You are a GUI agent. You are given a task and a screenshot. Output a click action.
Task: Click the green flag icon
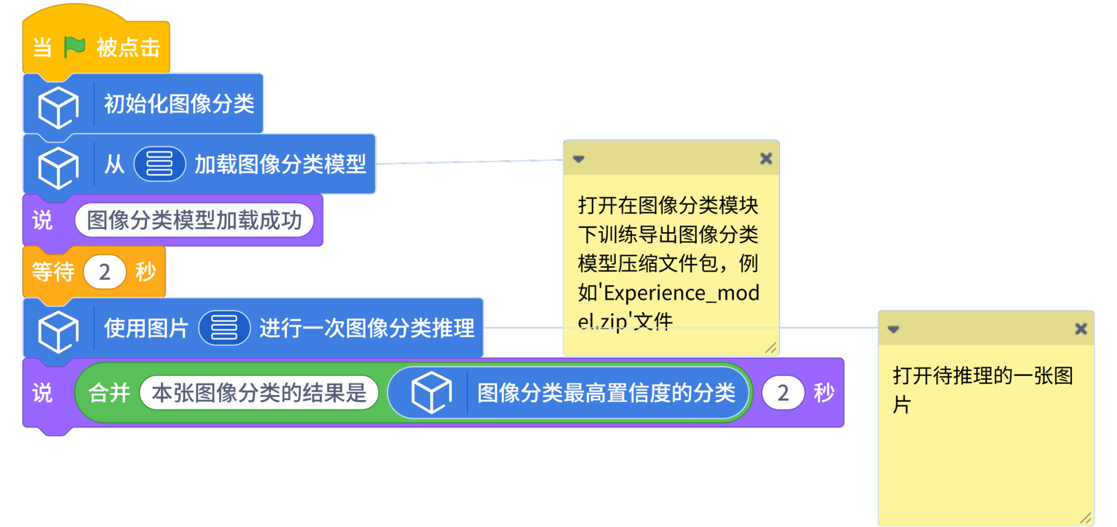[x=75, y=47]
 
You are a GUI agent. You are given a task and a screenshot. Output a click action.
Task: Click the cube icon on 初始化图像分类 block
[x=58, y=106]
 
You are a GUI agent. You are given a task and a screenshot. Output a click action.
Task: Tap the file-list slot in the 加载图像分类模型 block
[x=159, y=164]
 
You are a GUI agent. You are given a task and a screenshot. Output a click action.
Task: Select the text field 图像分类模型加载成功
[x=194, y=220]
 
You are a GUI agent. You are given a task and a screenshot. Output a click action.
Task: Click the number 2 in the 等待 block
[x=104, y=272]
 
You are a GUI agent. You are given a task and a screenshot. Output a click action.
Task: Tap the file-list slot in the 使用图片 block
[x=224, y=327]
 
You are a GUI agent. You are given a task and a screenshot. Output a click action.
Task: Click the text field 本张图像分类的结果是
[x=259, y=393]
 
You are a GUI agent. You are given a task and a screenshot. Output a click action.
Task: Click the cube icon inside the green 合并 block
[x=431, y=392]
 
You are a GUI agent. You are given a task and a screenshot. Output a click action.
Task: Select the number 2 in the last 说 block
[x=783, y=393]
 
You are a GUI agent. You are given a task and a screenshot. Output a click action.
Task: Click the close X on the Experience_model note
[x=766, y=159]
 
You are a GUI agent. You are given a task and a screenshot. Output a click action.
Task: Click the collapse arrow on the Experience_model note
[x=579, y=160]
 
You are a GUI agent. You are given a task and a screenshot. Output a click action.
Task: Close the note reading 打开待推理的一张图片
[x=1080, y=329]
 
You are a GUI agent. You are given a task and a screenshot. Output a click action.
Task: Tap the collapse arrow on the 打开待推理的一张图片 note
[x=893, y=329]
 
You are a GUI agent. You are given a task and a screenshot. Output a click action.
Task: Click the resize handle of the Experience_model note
[x=770, y=347]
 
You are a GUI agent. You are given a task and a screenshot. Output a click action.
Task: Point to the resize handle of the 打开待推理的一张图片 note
[x=1085, y=517]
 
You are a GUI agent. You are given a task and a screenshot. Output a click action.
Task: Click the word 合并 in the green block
[x=109, y=393]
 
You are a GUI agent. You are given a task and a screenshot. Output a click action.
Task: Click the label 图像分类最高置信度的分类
[x=606, y=393]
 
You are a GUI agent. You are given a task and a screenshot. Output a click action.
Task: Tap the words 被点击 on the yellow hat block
[x=128, y=48]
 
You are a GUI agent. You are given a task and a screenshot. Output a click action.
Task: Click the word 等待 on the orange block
[x=53, y=272]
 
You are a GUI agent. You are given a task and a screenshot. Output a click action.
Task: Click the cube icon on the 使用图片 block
[x=58, y=331]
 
